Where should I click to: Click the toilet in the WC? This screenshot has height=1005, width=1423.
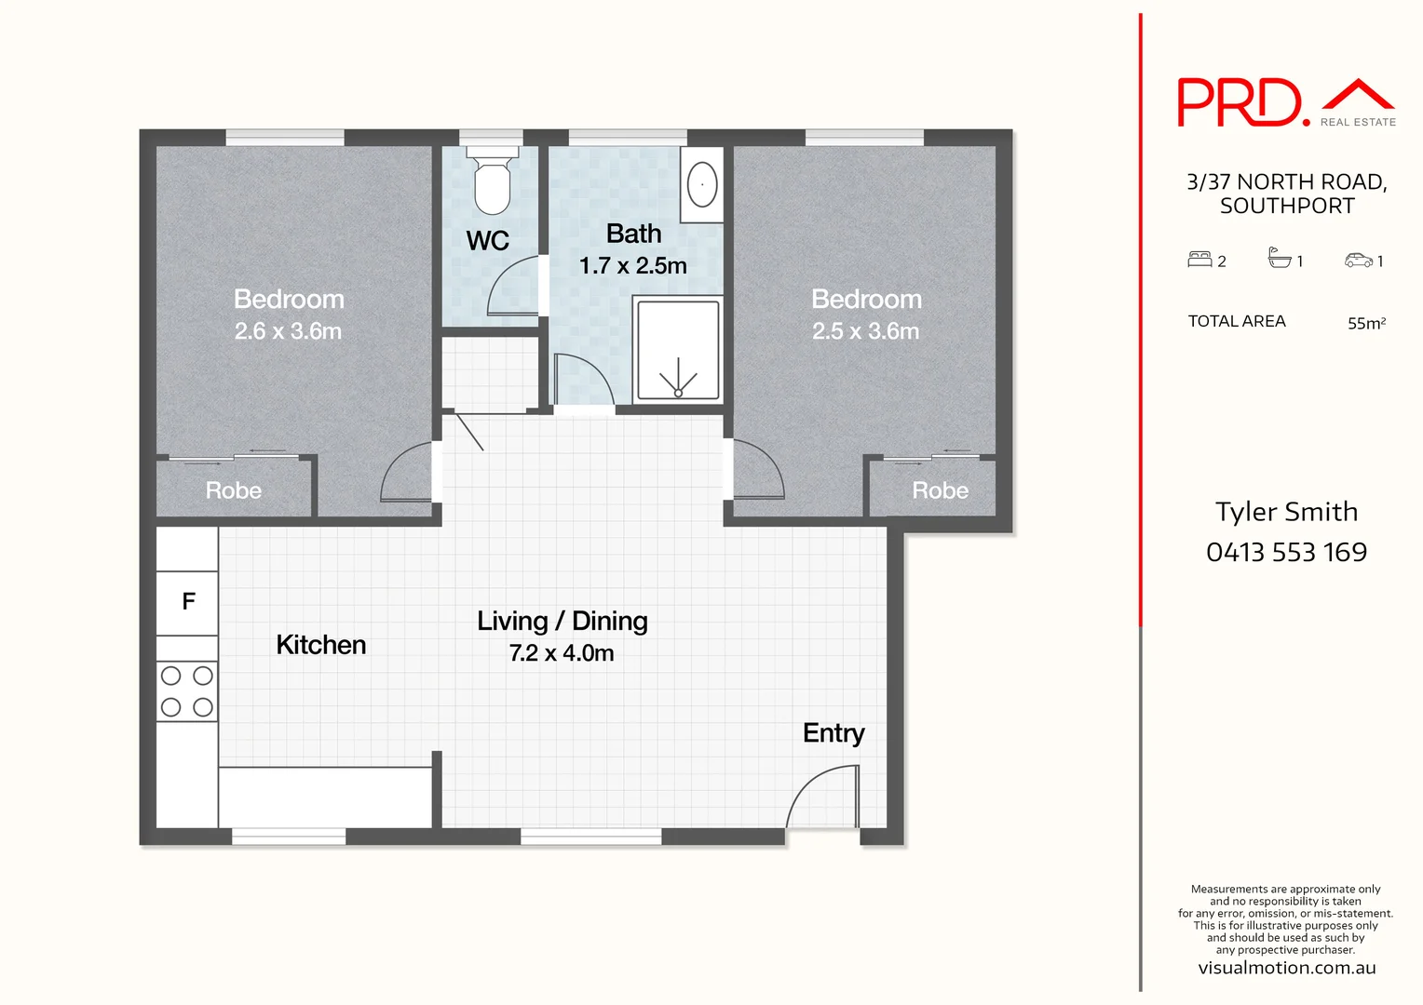click(x=492, y=181)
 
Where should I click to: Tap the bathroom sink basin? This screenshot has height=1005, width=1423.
click(x=702, y=184)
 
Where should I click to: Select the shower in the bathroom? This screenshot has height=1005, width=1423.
click(x=678, y=350)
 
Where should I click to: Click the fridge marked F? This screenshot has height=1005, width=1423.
click(x=187, y=602)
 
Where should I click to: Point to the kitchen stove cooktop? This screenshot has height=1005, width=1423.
click(x=186, y=691)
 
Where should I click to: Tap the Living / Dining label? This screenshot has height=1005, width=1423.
click(x=562, y=621)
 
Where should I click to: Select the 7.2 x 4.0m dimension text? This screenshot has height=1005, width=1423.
click(x=562, y=653)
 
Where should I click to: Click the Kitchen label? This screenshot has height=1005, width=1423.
click(x=320, y=645)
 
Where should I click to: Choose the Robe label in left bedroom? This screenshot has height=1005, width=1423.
click(x=233, y=490)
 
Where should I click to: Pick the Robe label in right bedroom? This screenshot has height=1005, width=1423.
click(x=940, y=490)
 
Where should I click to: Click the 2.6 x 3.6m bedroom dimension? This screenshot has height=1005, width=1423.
click(x=288, y=331)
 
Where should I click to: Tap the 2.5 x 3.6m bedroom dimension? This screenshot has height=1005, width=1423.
click(x=865, y=331)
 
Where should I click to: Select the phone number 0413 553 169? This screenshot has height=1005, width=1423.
click(x=1286, y=552)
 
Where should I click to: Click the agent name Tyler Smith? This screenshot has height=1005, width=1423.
click(x=1286, y=512)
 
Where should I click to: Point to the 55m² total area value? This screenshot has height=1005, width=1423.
click(x=1366, y=323)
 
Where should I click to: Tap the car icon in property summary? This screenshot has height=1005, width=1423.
click(x=1358, y=261)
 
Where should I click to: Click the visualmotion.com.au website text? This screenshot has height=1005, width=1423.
click(x=1286, y=968)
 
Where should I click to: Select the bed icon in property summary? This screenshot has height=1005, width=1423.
click(x=1199, y=260)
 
